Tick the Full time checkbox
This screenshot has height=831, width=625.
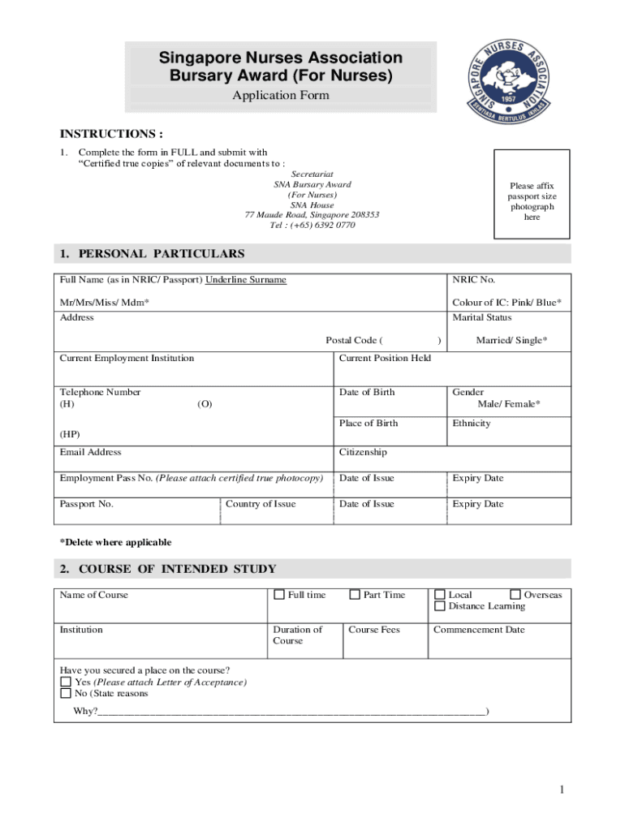pyautogui.click(x=280, y=595)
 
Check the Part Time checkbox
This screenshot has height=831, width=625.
pyautogui.click(x=355, y=595)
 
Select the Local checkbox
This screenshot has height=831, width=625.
pyautogui.click(x=441, y=595)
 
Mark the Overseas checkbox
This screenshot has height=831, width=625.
pyautogui.click(x=515, y=595)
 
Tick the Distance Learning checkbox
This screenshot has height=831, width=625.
pyautogui.click(x=441, y=606)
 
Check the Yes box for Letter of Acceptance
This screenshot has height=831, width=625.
pyautogui.click(x=66, y=682)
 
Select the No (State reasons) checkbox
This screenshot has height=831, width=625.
pyautogui.click(x=66, y=694)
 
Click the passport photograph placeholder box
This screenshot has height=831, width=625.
pyautogui.click(x=532, y=195)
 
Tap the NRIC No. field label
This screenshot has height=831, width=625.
pyautogui.click(x=473, y=280)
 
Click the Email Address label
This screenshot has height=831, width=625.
pyautogui.click(x=91, y=452)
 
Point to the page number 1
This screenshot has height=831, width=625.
pyautogui.click(x=561, y=790)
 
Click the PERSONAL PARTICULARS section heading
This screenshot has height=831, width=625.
pyautogui.click(x=152, y=254)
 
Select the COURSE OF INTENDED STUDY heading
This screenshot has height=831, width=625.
pyautogui.click(x=168, y=569)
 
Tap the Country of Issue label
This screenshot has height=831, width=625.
pyautogui.click(x=261, y=504)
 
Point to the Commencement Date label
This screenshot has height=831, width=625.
pyautogui.click(x=479, y=630)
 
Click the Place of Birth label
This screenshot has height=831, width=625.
pyautogui.click(x=369, y=423)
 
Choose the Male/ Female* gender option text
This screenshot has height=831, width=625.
pyautogui.click(x=509, y=404)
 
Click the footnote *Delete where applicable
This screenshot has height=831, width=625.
pyautogui.click(x=115, y=542)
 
